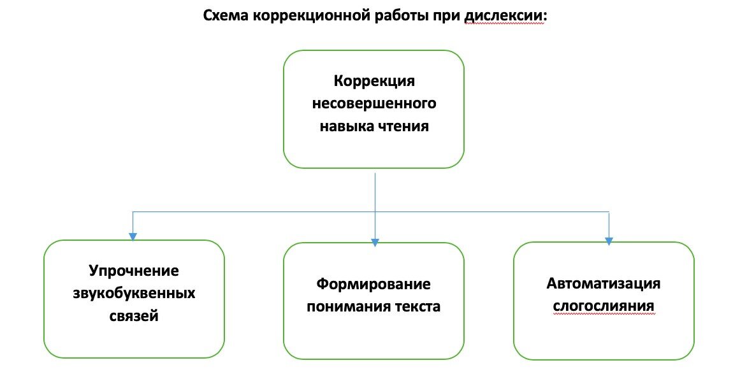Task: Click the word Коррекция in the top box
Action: [374, 82]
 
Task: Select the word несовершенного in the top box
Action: [374, 103]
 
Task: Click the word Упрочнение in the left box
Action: [134, 271]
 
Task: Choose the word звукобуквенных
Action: [134, 293]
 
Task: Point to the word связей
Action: [134, 315]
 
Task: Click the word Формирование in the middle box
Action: [374, 283]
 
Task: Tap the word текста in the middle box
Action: [416, 306]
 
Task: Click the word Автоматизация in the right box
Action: [604, 283]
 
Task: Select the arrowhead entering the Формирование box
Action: [375, 241]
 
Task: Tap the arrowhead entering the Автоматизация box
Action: [609, 241]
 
